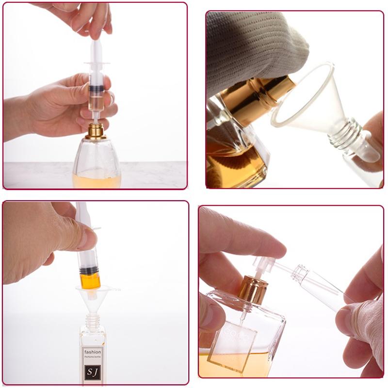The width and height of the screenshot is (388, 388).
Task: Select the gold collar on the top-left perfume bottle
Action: click(x=96, y=131)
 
